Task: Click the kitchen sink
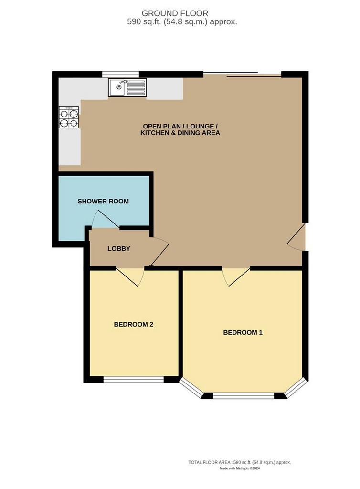[x=127, y=88]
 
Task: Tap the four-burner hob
[x=69, y=117]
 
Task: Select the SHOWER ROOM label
[x=103, y=202]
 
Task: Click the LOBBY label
[x=119, y=249]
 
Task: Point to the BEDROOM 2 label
[x=133, y=325]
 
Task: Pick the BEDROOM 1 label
[x=243, y=333]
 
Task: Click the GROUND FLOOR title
[x=175, y=13]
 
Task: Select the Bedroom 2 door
[x=131, y=276]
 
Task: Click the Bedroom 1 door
[x=236, y=276]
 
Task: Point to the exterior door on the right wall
[x=296, y=237]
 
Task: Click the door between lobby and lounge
[x=159, y=252]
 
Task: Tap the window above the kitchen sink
[x=121, y=74]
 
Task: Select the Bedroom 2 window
[x=133, y=379]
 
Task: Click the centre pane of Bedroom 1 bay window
[x=244, y=396]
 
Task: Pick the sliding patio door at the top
[x=243, y=74]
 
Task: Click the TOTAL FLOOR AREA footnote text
[x=239, y=462]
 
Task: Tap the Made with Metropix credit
[x=239, y=468]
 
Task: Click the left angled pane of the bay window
[x=191, y=388]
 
